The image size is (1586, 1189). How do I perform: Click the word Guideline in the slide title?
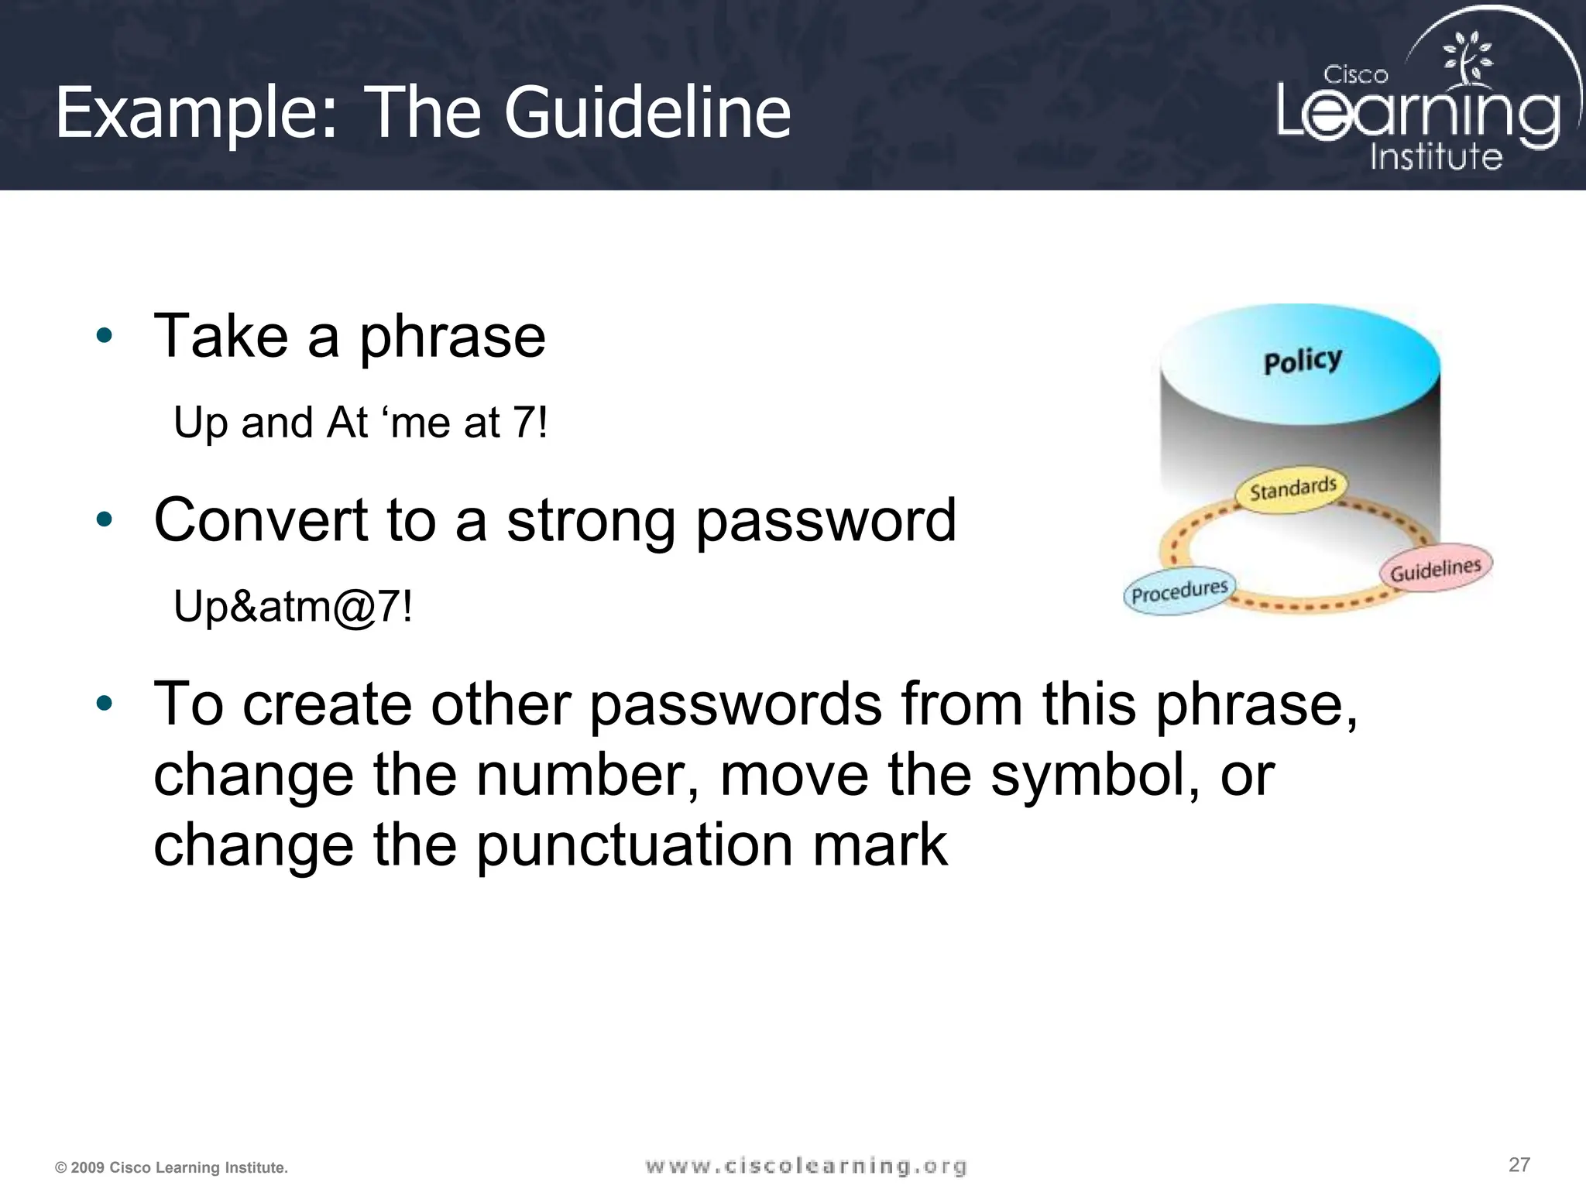647,113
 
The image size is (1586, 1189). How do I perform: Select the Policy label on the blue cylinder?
1303,361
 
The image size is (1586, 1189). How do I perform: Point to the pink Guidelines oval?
1436,569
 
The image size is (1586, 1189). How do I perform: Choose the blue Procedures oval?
1179,592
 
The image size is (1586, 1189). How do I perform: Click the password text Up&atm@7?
293,606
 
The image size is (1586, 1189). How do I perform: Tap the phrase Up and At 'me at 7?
360,423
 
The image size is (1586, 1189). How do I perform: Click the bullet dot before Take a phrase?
105,336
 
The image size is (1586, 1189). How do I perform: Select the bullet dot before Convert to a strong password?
105,519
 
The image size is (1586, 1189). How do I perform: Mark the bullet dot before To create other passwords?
105,704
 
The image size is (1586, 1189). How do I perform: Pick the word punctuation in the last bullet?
634,845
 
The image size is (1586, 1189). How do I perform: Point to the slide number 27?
1519,1164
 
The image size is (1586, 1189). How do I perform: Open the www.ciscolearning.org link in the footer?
806,1166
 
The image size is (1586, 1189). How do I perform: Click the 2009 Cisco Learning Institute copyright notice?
171,1167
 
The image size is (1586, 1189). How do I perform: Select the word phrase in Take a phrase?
452,338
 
